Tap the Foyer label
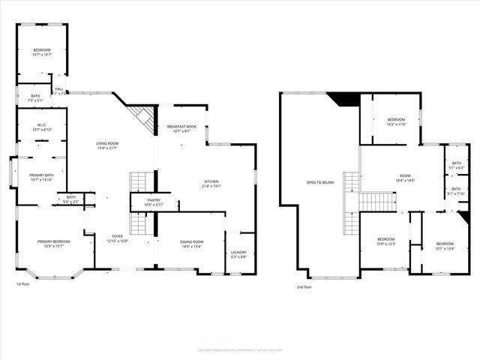tap(118, 238)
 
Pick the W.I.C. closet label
tap(41, 127)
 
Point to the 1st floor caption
tap(23, 285)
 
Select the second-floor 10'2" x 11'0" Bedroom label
tap(395, 122)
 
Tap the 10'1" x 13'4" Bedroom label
tap(445, 246)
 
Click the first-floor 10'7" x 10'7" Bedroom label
tap(41, 52)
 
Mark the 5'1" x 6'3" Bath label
tap(456, 167)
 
